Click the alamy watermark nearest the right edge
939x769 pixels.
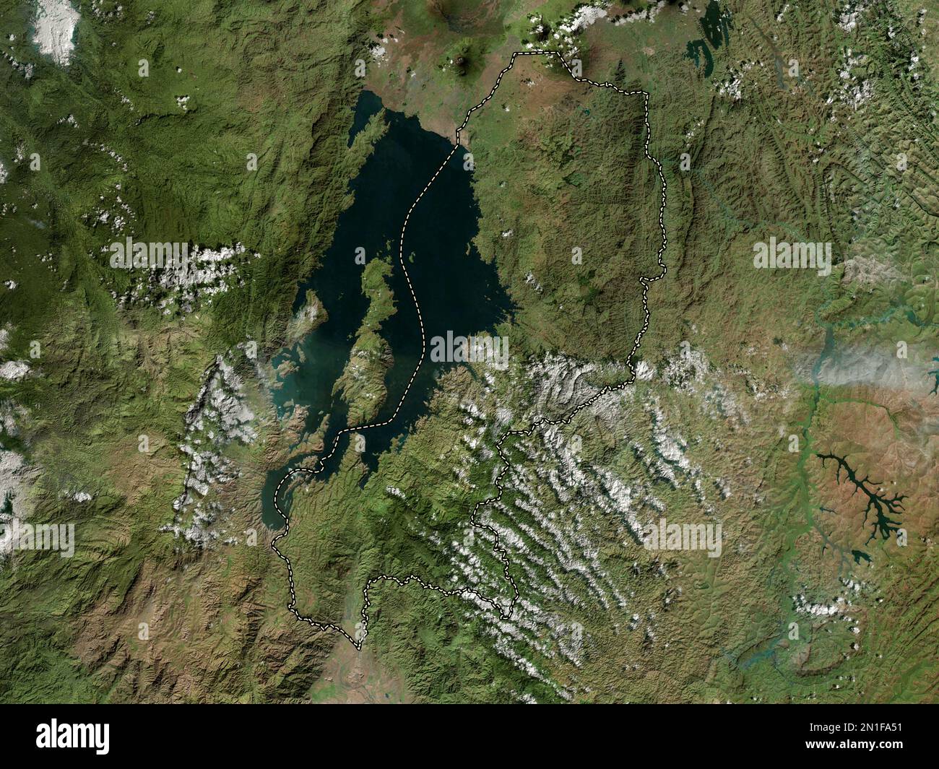[x=792, y=256]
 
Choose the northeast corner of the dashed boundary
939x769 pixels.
[x=646, y=94]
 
